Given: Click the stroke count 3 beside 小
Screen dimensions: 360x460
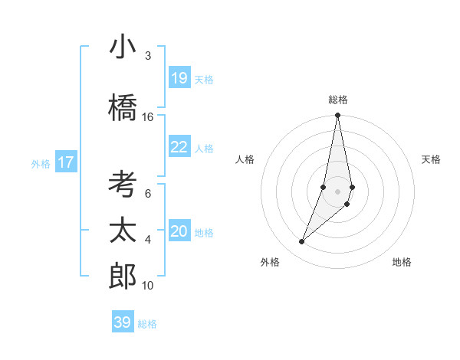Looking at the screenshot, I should [x=148, y=56].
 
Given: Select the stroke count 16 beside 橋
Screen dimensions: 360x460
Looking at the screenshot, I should [x=148, y=117].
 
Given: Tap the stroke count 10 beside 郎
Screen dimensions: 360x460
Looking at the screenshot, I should [x=148, y=286].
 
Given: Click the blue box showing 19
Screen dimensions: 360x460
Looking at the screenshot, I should [x=179, y=78].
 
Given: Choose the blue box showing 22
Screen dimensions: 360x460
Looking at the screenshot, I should [x=179, y=147].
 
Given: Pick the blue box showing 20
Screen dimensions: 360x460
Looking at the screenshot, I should [x=179, y=231].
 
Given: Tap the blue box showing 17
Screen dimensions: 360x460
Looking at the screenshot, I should [x=66, y=162].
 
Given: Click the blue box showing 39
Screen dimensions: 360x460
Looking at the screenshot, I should [x=123, y=322].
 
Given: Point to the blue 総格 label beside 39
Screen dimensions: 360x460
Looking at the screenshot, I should [x=148, y=324].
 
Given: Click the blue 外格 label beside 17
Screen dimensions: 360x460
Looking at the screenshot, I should [x=41, y=163].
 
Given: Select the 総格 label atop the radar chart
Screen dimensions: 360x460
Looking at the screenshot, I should [x=338, y=100].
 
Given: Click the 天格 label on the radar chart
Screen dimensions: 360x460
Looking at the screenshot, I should [x=432, y=159].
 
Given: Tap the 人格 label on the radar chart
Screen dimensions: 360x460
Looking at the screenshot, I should [x=245, y=159].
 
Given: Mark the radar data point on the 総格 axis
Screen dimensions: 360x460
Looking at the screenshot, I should [x=338, y=116].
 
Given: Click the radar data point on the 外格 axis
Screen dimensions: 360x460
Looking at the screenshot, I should [x=302, y=241].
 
